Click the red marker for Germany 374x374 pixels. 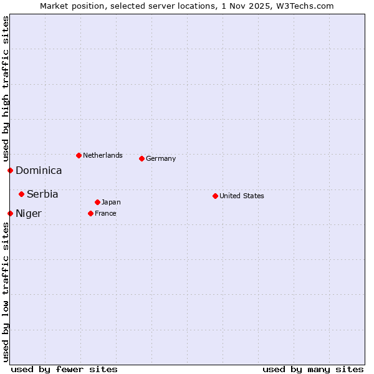point(141,158)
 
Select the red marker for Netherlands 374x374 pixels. point(79,155)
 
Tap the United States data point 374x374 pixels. point(215,196)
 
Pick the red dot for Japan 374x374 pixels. point(97,202)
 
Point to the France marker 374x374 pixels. point(90,213)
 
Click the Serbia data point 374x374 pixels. point(21,194)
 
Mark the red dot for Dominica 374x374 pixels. point(10,170)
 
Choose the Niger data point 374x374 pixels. point(10,213)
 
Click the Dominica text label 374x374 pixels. point(39,171)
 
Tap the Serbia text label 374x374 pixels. point(42,194)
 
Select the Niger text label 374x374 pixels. point(29,214)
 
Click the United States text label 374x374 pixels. point(242,196)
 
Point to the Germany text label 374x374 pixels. point(161,158)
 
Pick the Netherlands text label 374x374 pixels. point(103,155)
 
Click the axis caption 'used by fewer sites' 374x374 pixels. point(64,369)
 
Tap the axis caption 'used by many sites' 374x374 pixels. point(313,369)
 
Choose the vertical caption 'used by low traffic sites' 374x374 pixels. point(6,292)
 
